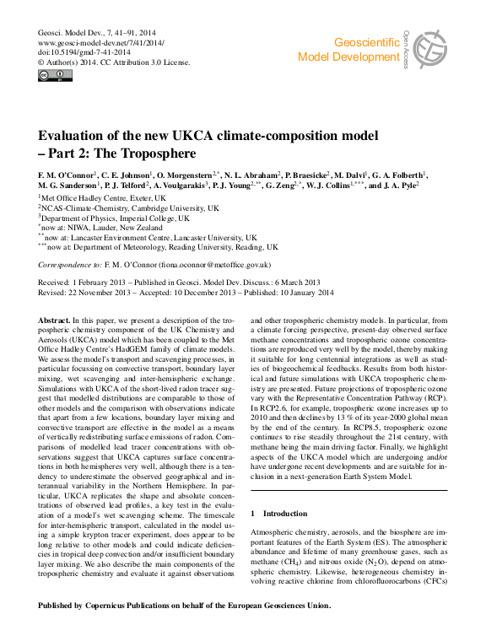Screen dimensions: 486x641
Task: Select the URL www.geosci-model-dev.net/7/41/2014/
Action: [102, 40]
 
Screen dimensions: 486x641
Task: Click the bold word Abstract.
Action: [55, 321]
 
